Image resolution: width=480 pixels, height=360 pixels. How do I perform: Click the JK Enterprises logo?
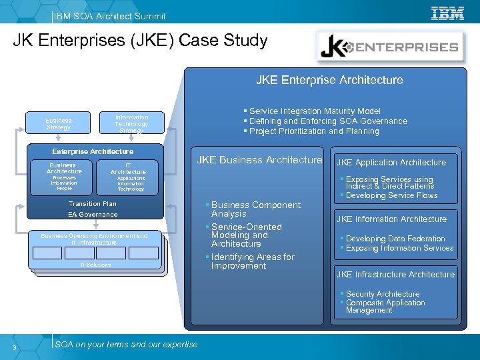391,47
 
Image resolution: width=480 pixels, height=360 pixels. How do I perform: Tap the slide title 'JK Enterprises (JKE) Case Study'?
140,41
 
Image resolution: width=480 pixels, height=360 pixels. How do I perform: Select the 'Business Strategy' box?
58,123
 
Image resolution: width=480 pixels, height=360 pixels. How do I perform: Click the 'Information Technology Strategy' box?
131,123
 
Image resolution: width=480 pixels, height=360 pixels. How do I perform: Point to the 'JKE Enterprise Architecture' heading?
329,80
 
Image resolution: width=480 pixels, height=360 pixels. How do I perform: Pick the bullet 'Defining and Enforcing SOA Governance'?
327,121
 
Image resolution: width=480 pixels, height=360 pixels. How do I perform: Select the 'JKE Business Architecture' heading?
259,160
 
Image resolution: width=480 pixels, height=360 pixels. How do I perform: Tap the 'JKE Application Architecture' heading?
391,163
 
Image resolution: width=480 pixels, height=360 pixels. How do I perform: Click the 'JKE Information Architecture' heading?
391,219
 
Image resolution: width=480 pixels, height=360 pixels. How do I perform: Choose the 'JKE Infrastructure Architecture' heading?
395,275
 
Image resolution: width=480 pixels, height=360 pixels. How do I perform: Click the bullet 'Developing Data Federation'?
395,239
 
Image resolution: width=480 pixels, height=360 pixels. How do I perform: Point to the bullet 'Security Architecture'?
382,294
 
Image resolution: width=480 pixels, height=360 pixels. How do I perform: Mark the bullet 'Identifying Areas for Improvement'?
252,261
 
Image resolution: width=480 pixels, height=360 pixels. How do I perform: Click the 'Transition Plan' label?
93,204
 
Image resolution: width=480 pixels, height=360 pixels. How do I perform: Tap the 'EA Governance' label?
93,215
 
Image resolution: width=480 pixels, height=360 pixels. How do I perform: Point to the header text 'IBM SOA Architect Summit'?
111,16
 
